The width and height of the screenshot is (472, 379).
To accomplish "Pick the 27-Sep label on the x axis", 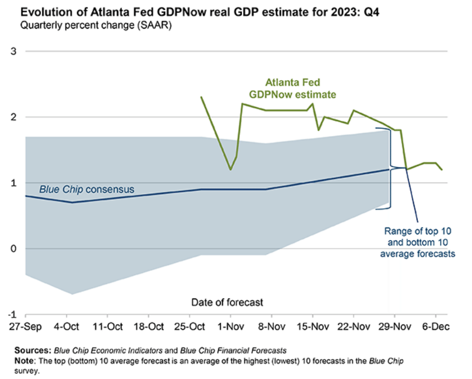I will coord(25,327).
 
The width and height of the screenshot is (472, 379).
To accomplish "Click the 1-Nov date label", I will coord(230,327).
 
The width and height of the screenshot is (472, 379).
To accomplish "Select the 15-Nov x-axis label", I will coord(312,327).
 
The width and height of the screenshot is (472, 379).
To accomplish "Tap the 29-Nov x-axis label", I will coord(394,327).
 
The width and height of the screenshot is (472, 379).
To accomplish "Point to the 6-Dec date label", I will coord(436,327).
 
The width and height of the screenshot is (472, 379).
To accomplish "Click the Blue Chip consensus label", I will coord(87,190).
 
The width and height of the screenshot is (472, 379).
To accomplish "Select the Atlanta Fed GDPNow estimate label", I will coord(293,88).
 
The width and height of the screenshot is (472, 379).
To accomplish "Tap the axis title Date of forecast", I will coord(227,302).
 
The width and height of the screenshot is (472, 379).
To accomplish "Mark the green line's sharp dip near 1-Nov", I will coord(231,169).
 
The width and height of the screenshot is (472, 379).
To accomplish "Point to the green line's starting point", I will coord(201,97).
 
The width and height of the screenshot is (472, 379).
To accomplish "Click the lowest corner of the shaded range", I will coord(72,294).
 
